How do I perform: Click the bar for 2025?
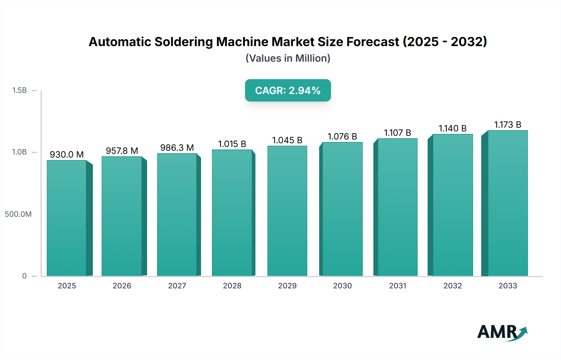click(67, 218)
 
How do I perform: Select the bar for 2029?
click(287, 211)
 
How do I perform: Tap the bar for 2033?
click(508, 203)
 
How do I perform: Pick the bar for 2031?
click(397, 207)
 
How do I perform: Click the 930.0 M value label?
click(67, 154)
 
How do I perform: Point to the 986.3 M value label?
click(177, 148)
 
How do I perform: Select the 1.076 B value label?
click(342, 136)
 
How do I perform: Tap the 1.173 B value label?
click(508, 125)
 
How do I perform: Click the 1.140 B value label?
click(453, 128)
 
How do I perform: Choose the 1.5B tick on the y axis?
click(20, 90)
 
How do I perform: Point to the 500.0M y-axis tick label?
click(18, 214)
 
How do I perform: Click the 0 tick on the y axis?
click(24, 276)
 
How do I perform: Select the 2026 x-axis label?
click(122, 286)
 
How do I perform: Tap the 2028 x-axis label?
click(232, 286)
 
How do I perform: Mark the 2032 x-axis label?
click(453, 286)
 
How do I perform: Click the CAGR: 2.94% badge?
click(288, 90)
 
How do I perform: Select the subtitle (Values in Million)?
click(288, 58)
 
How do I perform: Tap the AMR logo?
click(502, 332)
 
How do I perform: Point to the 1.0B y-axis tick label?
click(20, 152)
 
